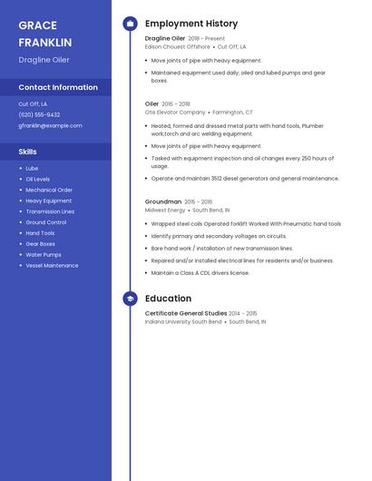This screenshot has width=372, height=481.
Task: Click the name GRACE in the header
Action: (x=37, y=25)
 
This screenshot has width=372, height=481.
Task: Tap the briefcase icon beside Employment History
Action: (x=130, y=24)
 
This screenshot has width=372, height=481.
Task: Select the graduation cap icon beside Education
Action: (x=130, y=299)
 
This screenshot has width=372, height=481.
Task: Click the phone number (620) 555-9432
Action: (x=39, y=115)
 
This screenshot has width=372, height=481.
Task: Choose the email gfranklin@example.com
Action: (x=50, y=126)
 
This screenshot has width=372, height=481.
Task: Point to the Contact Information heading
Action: (x=58, y=87)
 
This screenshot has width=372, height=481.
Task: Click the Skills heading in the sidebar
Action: (x=28, y=152)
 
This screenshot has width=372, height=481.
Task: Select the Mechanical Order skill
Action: (x=49, y=190)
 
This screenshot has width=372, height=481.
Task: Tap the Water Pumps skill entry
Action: (x=44, y=255)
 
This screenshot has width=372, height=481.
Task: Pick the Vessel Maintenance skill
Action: (x=52, y=266)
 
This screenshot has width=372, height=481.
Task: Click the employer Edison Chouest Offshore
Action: (x=177, y=46)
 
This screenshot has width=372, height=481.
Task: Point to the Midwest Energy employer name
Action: (x=165, y=210)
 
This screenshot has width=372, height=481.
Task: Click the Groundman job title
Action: (x=163, y=201)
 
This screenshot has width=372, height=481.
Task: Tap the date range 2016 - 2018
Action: (x=176, y=104)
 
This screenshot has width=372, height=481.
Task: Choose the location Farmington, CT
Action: (x=233, y=113)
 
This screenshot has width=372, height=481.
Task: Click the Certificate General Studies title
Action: (x=185, y=313)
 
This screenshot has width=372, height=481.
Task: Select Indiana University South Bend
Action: (x=183, y=321)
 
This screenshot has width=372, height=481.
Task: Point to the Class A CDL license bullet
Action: (x=201, y=272)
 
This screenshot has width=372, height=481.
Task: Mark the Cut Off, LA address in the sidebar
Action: (x=33, y=104)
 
